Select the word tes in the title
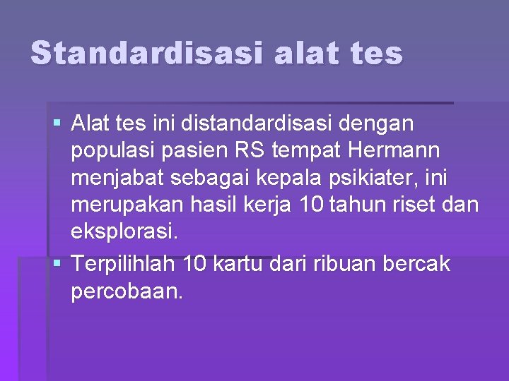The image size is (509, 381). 375,53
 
